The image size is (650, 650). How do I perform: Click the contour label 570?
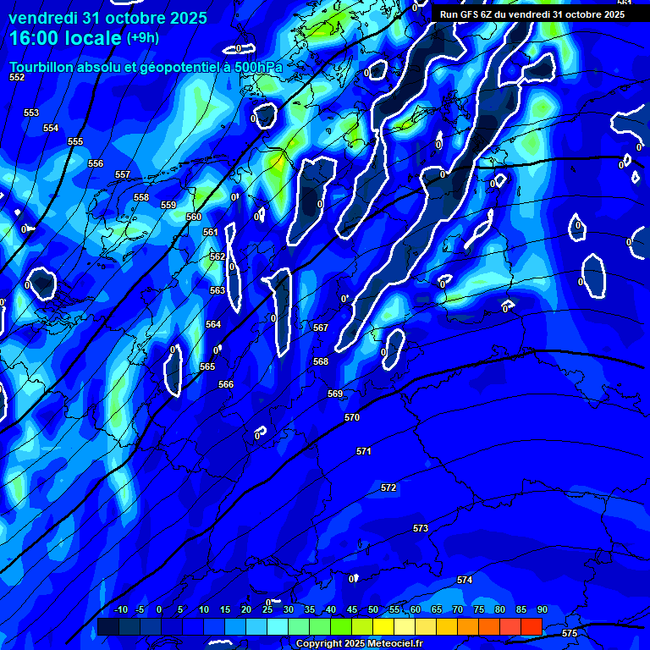352,417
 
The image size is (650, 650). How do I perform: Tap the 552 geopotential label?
17,77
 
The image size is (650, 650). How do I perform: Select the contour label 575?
570,633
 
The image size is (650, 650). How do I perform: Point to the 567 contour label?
320,328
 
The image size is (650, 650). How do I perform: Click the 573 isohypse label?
421,528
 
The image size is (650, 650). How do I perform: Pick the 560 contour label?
194,217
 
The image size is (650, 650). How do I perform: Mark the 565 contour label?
207,366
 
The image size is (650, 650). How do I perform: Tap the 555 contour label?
75,141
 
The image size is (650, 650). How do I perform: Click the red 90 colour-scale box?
531,626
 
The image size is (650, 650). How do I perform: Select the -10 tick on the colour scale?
121,610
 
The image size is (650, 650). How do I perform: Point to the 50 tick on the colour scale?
373,610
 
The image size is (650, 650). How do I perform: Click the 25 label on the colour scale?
267,610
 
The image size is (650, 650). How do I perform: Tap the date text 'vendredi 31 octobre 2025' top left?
107,18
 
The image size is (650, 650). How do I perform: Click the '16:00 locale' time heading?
64,39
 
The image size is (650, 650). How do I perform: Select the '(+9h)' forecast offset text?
142,38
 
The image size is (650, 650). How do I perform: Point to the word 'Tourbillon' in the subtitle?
41,66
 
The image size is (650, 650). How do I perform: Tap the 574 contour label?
465,580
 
